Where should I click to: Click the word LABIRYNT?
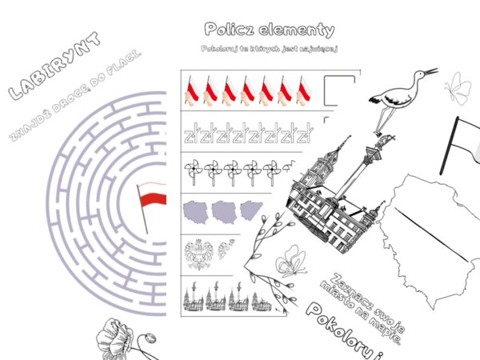(x=54, y=67)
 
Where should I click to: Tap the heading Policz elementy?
(x=269, y=30)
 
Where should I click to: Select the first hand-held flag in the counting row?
(x=193, y=90)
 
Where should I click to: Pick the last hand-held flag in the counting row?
(x=305, y=90)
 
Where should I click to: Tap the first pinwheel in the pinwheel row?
(x=193, y=170)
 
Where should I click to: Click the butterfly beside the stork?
(x=458, y=87)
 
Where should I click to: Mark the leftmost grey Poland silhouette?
(x=197, y=212)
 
